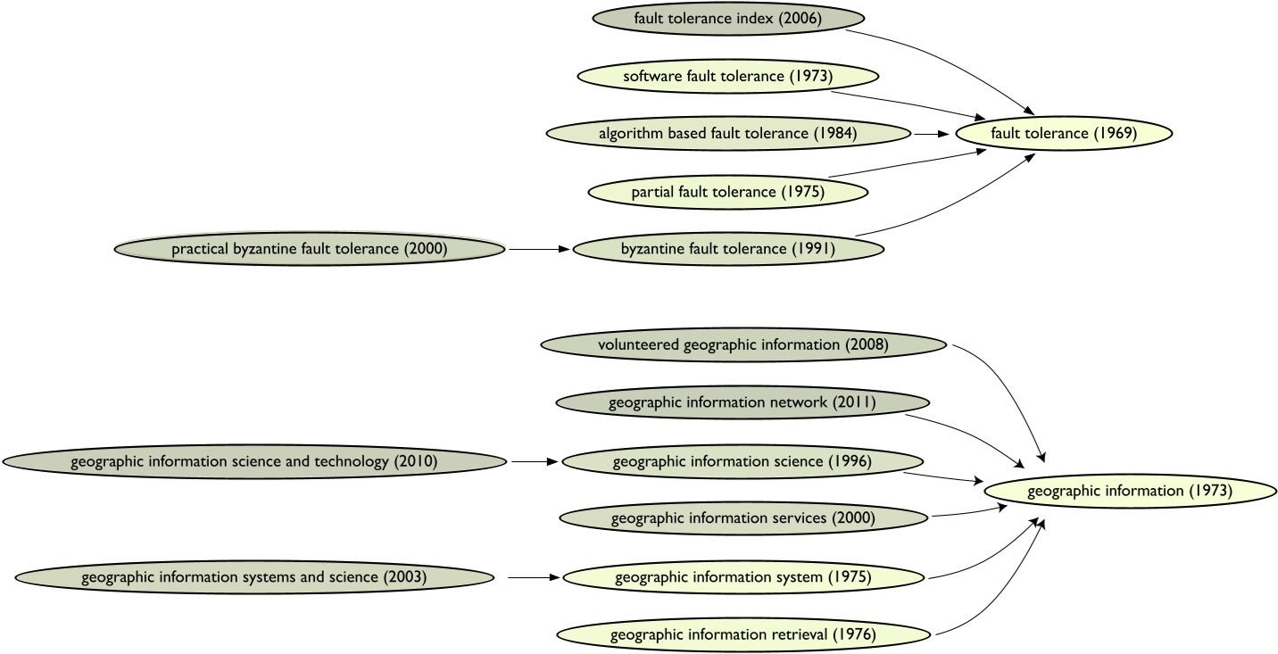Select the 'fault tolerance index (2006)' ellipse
point(728,18)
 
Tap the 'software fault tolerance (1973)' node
point(727,76)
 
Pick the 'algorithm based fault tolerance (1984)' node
point(727,134)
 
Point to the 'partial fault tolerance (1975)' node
point(727,192)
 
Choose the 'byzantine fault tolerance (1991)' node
point(727,249)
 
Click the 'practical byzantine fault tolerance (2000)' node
point(310,249)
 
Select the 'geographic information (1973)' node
point(1129,491)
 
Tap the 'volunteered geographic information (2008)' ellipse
point(743,344)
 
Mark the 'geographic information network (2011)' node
point(742,402)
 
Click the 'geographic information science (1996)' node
point(742,461)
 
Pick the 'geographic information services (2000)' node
point(742,518)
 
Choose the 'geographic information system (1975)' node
point(742,577)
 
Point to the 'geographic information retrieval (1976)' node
point(742,635)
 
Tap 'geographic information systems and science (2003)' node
point(253,577)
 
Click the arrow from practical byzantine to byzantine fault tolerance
point(539,249)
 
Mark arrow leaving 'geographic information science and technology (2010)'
point(534,461)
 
